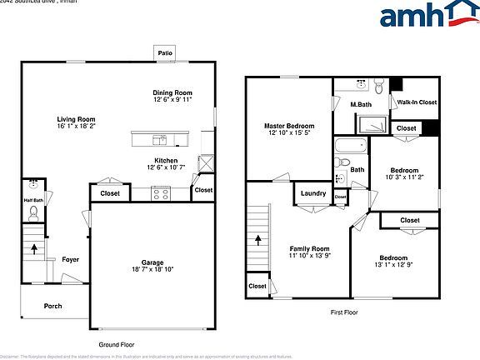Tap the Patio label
point(164,53)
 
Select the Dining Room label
point(172,92)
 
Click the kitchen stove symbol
point(160,193)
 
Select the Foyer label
point(71,259)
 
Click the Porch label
point(52,306)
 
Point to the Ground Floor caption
point(117,344)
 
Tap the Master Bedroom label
point(289,125)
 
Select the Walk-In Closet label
point(417,102)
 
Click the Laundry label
point(313,193)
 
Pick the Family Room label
point(309,248)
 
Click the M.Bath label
point(360,103)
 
